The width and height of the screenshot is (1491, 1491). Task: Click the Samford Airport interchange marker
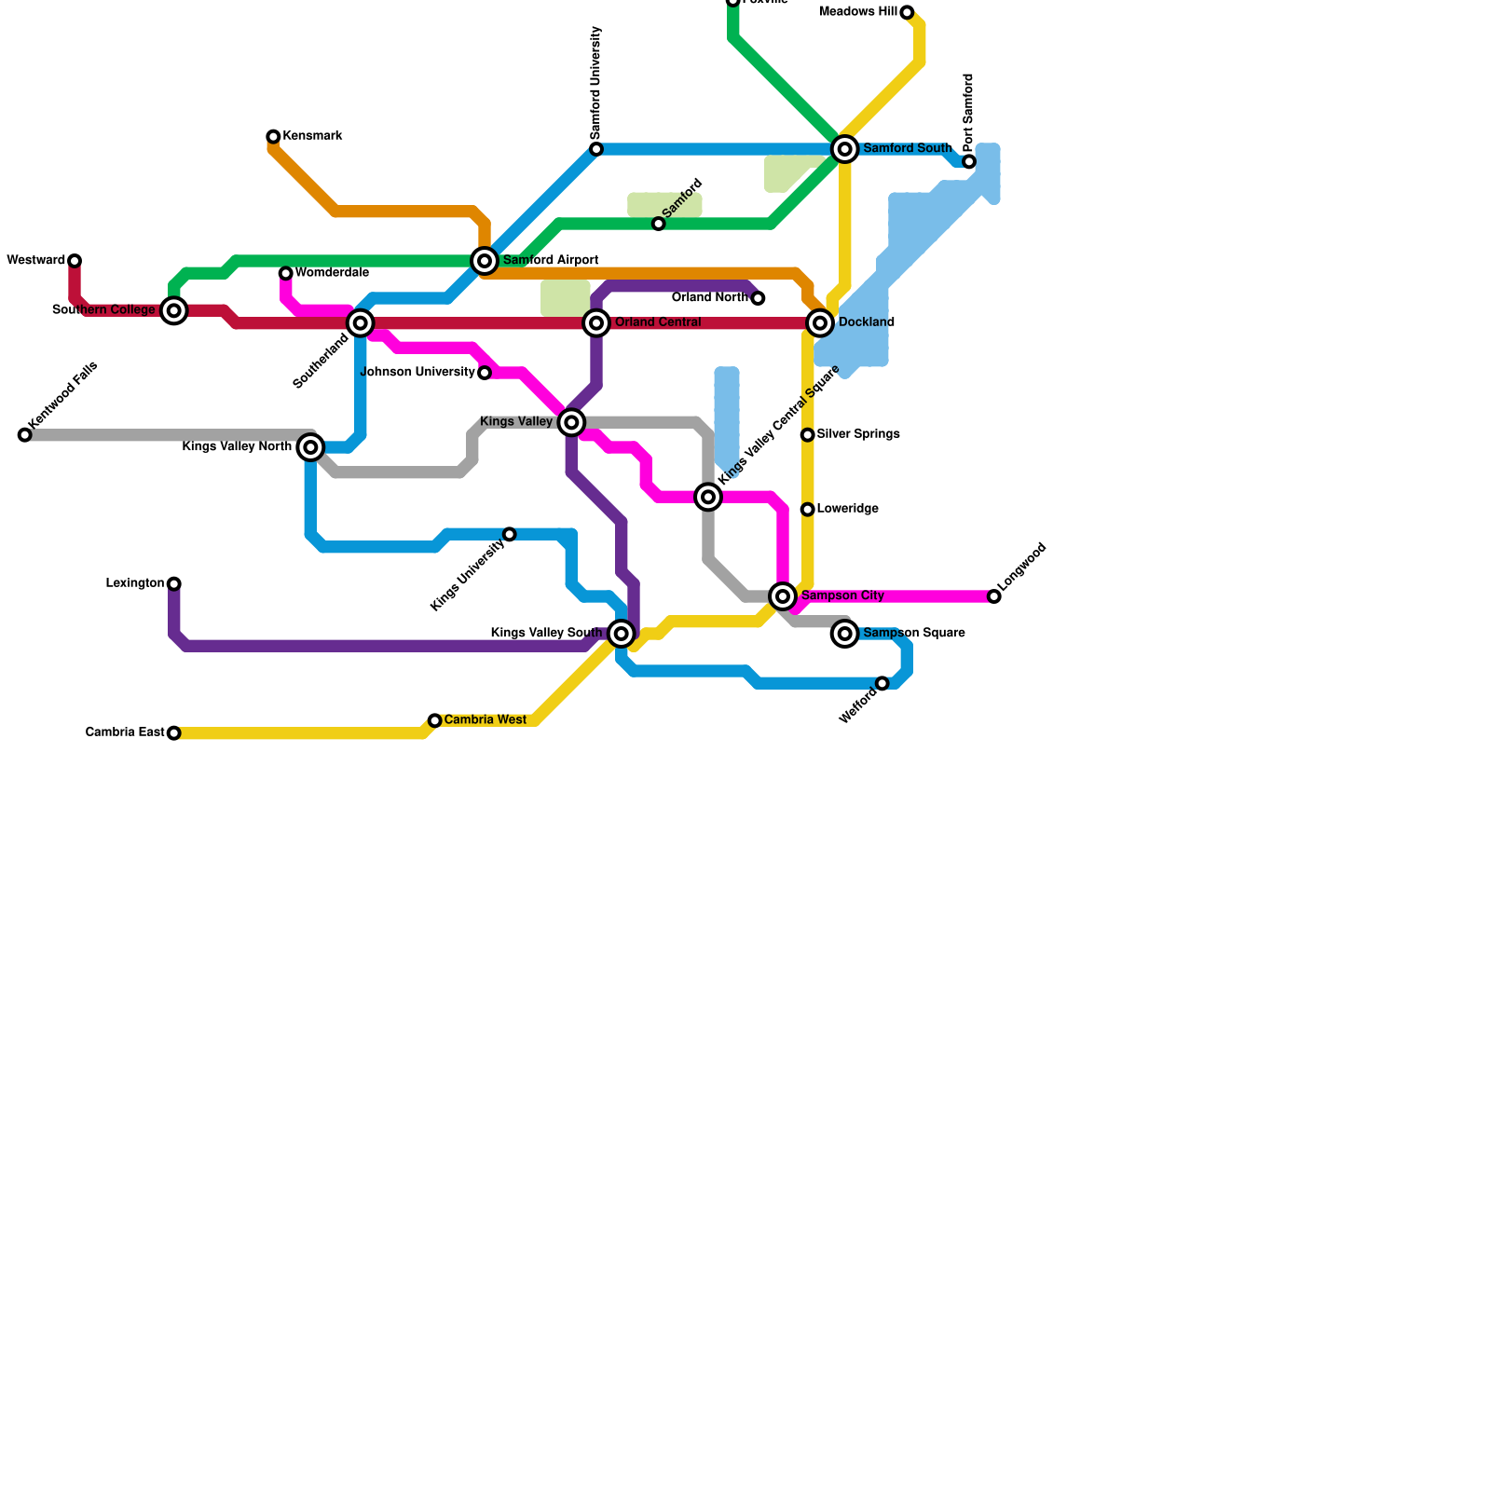[484, 261]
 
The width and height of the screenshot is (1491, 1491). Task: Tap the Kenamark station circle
[273, 137]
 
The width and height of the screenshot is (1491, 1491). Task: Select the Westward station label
[35, 261]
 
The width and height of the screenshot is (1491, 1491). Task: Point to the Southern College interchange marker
[174, 310]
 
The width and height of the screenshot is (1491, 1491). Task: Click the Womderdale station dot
[286, 273]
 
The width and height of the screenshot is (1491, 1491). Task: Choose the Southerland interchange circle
[361, 323]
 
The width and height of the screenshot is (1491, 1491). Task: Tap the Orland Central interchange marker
[596, 323]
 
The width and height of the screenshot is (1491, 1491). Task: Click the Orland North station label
[709, 298]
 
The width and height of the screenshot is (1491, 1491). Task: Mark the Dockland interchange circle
[820, 323]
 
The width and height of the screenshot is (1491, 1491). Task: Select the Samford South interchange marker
[845, 149]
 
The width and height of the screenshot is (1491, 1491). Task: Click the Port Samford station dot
[969, 162]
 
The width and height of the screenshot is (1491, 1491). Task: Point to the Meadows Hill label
[857, 12]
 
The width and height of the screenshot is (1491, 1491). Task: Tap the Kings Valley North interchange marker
[311, 448]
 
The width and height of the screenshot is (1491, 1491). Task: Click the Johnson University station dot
[485, 373]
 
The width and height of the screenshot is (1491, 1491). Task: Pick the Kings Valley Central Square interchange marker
[708, 498]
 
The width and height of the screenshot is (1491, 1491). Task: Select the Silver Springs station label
[858, 435]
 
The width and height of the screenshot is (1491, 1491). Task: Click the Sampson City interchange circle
[783, 596]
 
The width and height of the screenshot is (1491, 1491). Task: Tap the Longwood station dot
[994, 596]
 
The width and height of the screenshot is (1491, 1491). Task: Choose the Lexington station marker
[174, 584]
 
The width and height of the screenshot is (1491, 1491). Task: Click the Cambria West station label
[486, 720]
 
